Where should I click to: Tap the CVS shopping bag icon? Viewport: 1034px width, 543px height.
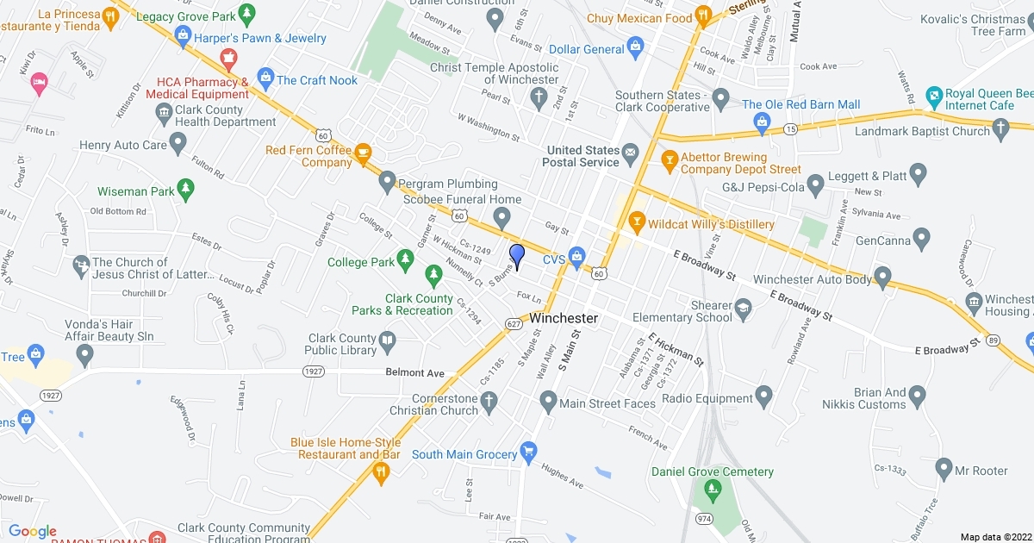576,258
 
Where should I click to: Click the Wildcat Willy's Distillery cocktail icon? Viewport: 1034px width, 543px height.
637,223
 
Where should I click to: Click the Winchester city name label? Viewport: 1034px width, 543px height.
564,318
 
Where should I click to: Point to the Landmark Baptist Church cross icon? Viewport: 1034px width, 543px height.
1000,129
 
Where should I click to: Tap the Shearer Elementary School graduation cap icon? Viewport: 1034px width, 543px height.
742,309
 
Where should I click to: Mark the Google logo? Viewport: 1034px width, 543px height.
32,531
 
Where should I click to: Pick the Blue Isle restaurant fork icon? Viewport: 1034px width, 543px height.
380,471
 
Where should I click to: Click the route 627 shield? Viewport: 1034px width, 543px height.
514,324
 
